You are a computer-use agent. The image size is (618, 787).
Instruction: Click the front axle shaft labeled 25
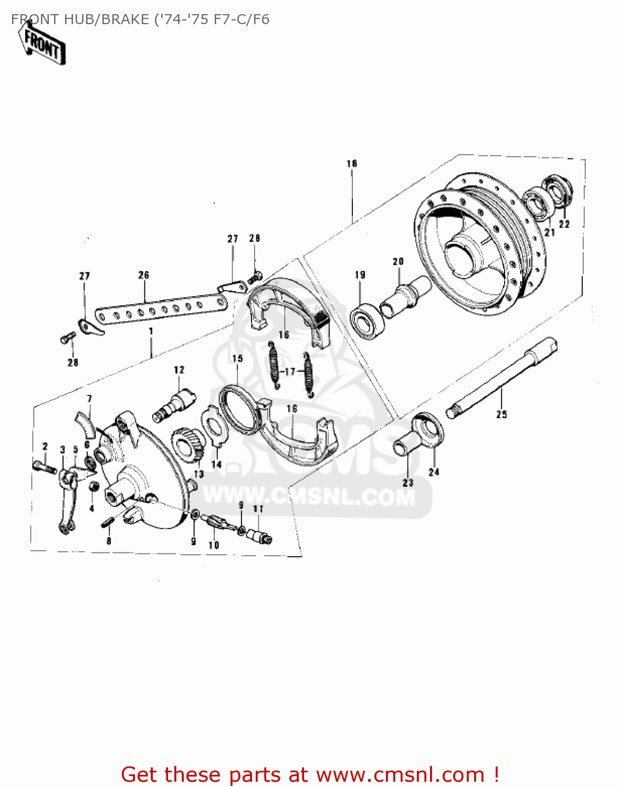(x=501, y=377)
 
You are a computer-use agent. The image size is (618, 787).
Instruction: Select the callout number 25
(x=502, y=414)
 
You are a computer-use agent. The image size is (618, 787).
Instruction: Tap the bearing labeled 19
(x=368, y=321)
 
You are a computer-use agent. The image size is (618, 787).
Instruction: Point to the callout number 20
(x=398, y=261)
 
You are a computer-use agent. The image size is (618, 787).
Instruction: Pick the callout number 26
(x=144, y=275)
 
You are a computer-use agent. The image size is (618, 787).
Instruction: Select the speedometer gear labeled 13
(x=188, y=444)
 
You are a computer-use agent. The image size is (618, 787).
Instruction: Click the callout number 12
(x=180, y=369)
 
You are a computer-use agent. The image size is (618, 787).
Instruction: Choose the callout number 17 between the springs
(x=290, y=371)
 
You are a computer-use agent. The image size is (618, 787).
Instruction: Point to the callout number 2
(x=45, y=446)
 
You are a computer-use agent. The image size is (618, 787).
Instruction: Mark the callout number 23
(x=408, y=482)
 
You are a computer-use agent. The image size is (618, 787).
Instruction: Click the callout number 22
(x=564, y=224)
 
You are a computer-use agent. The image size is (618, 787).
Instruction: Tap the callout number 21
(x=549, y=232)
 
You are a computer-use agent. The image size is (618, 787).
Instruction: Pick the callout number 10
(x=214, y=545)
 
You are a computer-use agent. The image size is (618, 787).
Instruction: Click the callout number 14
(x=216, y=464)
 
